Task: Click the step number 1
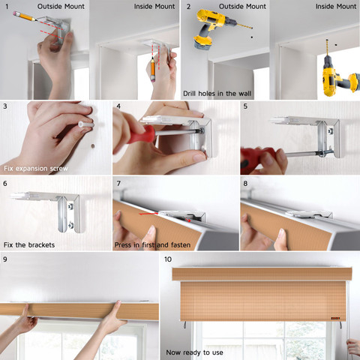coord(7,7)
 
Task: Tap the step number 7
coord(118,184)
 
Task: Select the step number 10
coord(168,259)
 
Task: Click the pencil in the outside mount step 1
coord(25,16)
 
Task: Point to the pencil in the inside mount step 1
coord(153,70)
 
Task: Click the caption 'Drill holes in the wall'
coord(217,94)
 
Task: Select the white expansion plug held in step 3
coord(86,124)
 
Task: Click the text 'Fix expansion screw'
coord(36,169)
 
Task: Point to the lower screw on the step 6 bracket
coord(70,225)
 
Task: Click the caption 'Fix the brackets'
coord(29,245)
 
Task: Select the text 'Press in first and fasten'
coord(152,245)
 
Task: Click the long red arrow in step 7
coord(148,214)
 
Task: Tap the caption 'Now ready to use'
coord(194,352)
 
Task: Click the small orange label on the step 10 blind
coord(335,318)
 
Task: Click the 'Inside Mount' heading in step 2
coord(336,7)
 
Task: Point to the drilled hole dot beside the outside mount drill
coord(252,37)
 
